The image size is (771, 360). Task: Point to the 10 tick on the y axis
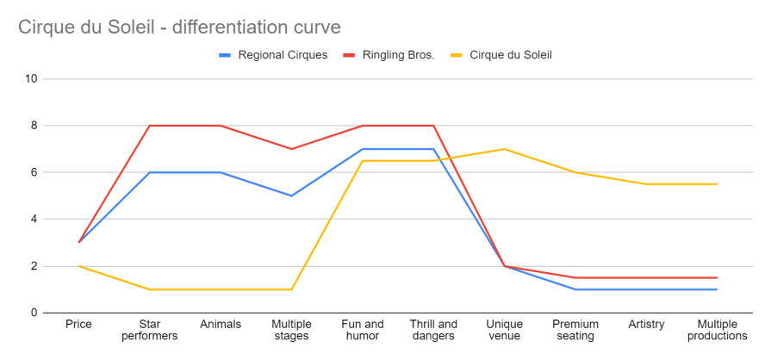(32, 79)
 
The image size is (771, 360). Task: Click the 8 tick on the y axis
(34, 126)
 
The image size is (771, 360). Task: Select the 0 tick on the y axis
(34, 313)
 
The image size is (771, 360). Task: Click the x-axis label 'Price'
(78, 325)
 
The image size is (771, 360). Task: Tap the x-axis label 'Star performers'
(149, 330)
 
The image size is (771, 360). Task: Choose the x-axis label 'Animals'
(220, 325)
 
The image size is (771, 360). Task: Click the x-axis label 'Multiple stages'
(291, 330)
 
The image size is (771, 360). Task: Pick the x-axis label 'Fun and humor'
(362, 330)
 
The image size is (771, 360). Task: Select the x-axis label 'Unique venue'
(504, 330)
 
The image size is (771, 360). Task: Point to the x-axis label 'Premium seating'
(575, 330)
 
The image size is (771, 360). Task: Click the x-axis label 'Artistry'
(646, 325)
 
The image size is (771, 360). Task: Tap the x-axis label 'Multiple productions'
(717, 330)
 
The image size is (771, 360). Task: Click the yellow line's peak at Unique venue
(504, 149)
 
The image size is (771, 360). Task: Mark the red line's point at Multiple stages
(291, 149)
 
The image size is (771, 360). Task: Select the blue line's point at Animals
(220, 172)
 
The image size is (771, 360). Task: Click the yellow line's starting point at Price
(78, 266)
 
